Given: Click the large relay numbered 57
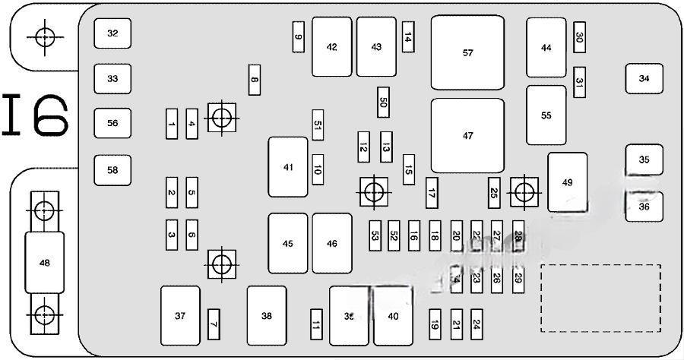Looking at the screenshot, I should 467,52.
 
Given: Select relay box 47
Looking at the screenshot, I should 467,135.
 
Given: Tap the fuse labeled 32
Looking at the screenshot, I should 112,33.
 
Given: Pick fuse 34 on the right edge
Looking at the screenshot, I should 644,78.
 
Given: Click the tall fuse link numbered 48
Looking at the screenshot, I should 44,263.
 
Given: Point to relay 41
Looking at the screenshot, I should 287,167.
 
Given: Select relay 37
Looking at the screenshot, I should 180,315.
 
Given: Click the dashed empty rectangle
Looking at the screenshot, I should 600,298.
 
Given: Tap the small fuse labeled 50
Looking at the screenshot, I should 383,103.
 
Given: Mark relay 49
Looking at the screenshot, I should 567,182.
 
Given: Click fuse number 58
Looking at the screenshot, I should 112,170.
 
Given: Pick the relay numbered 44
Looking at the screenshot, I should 546,48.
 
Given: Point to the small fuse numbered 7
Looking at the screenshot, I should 214,324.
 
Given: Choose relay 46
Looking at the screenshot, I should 332,243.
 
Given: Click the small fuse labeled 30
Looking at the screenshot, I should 579,36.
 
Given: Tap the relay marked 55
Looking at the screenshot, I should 546,115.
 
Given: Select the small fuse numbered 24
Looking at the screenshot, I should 477,324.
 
